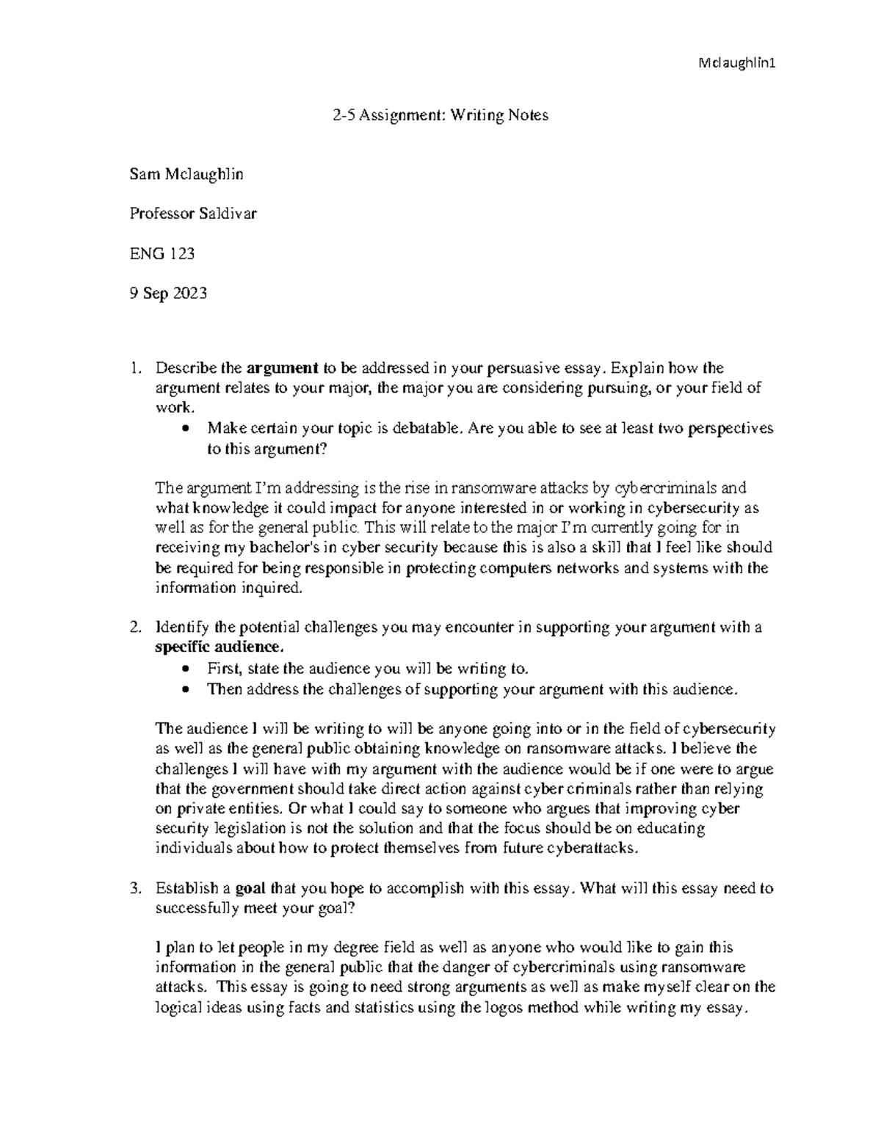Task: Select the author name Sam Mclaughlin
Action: (x=186, y=175)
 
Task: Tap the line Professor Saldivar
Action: (x=193, y=214)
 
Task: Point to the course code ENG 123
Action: (x=162, y=254)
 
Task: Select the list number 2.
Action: (x=134, y=628)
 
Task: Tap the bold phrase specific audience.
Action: (x=218, y=647)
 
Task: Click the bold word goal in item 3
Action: (x=250, y=888)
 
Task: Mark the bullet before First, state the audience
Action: (x=189, y=669)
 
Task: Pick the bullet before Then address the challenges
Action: (x=189, y=690)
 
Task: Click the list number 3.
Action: (x=134, y=888)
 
